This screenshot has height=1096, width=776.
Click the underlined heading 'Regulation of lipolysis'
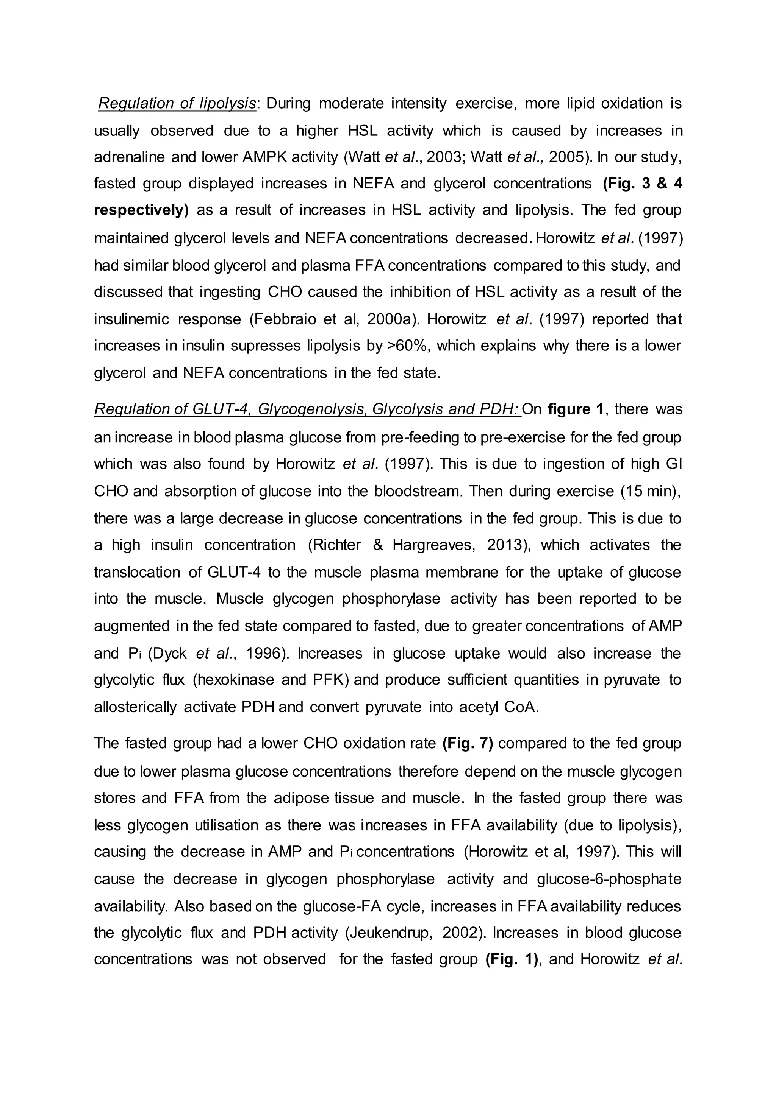click(x=177, y=104)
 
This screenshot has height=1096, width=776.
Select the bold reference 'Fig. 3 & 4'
click(x=642, y=184)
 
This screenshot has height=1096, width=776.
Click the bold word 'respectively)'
click(x=141, y=210)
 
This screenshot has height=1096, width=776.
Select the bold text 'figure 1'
click(x=576, y=409)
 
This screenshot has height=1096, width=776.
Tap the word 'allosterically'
click(x=135, y=707)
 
